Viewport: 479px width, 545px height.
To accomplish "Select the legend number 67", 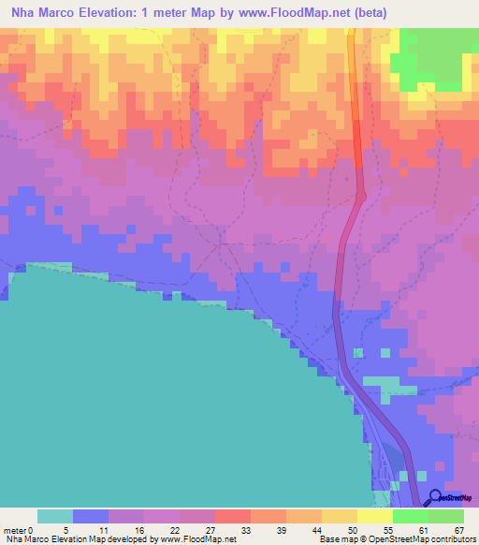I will [458, 530].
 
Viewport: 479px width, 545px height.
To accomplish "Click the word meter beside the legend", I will [17, 530].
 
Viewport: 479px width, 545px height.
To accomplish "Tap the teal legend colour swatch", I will [55, 516].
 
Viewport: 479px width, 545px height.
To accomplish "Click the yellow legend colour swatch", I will [340, 516].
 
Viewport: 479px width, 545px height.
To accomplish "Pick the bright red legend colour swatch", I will [233, 516].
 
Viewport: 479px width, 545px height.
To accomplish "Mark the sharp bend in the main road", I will [361, 195].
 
